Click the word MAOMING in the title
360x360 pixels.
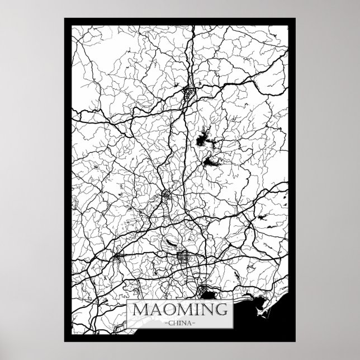[179, 309]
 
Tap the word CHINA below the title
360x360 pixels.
[179, 322]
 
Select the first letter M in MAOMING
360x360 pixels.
[140, 309]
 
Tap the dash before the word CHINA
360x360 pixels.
[163, 322]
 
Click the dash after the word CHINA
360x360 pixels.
[196, 322]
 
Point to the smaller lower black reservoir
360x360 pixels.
[211, 162]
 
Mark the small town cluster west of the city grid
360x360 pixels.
[119, 258]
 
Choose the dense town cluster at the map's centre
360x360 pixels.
[167, 195]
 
